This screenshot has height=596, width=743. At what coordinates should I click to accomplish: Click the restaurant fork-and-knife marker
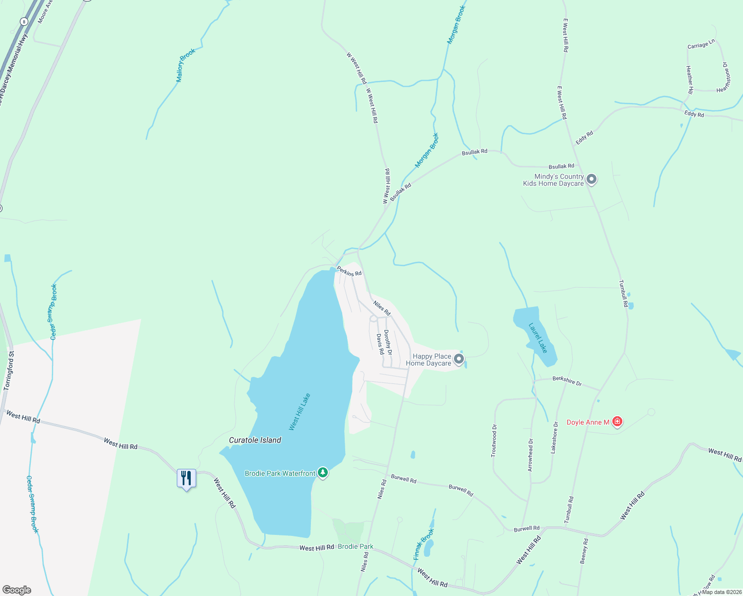pos(186,478)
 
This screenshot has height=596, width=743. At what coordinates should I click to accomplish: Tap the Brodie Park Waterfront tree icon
pos(323,472)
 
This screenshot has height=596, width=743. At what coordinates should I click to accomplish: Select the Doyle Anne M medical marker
pos(617,422)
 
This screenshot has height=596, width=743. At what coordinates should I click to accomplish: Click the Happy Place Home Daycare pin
pos(459,359)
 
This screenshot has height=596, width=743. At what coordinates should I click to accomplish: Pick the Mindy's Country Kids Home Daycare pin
pos(591,179)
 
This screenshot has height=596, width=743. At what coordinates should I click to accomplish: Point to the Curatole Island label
pos(255,440)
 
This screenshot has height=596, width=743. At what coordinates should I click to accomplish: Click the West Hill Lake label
pos(299,412)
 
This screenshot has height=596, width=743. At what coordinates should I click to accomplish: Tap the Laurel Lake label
pos(538,338)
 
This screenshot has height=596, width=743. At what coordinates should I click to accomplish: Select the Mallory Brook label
pos(186,65)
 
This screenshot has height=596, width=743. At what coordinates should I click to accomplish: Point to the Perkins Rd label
pos(349,271)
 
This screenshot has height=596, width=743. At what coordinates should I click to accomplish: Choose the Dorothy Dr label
pos(388,342)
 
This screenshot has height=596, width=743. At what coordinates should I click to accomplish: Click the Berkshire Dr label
pos(567,381)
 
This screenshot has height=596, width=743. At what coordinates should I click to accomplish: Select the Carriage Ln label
pos(701,45)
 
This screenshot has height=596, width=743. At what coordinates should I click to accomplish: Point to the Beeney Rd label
pos(584,551)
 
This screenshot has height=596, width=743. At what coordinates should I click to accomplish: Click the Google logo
pos(16,590)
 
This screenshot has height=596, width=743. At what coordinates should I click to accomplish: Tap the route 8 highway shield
pos(24,21)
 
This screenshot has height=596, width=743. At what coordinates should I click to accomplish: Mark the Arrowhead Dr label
pos(530,455)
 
